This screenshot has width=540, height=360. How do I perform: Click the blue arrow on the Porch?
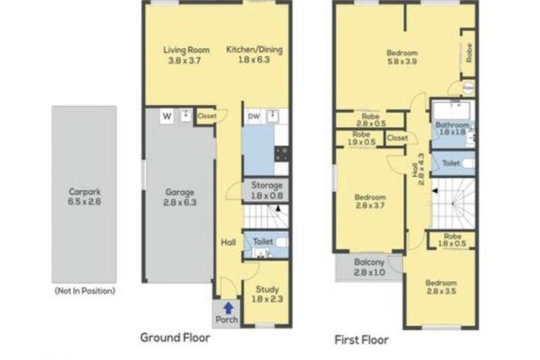pyautogui.click(x=227, y=307)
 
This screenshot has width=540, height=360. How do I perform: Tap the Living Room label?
pyautogui.click(x=184, y=50)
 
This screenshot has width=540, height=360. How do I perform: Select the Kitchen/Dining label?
pyautogui.click(x=248, y=50)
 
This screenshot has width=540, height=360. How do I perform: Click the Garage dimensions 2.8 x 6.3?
pyautogui.click(x=180, y=202)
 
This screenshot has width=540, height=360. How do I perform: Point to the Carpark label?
pyautogui.click(x=83, y=191)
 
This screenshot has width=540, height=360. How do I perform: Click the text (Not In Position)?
pyautogui.click(x=84, y=290)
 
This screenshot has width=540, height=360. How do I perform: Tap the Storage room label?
pyautogui.click(x=265, y=186)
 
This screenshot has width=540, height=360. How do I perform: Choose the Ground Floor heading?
pyautogui.click(x=175, y=337)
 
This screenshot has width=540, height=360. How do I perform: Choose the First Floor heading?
pyautogui.click(x=361, y=340)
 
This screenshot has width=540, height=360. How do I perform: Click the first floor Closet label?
pyautogui.click(x=397, y=139)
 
